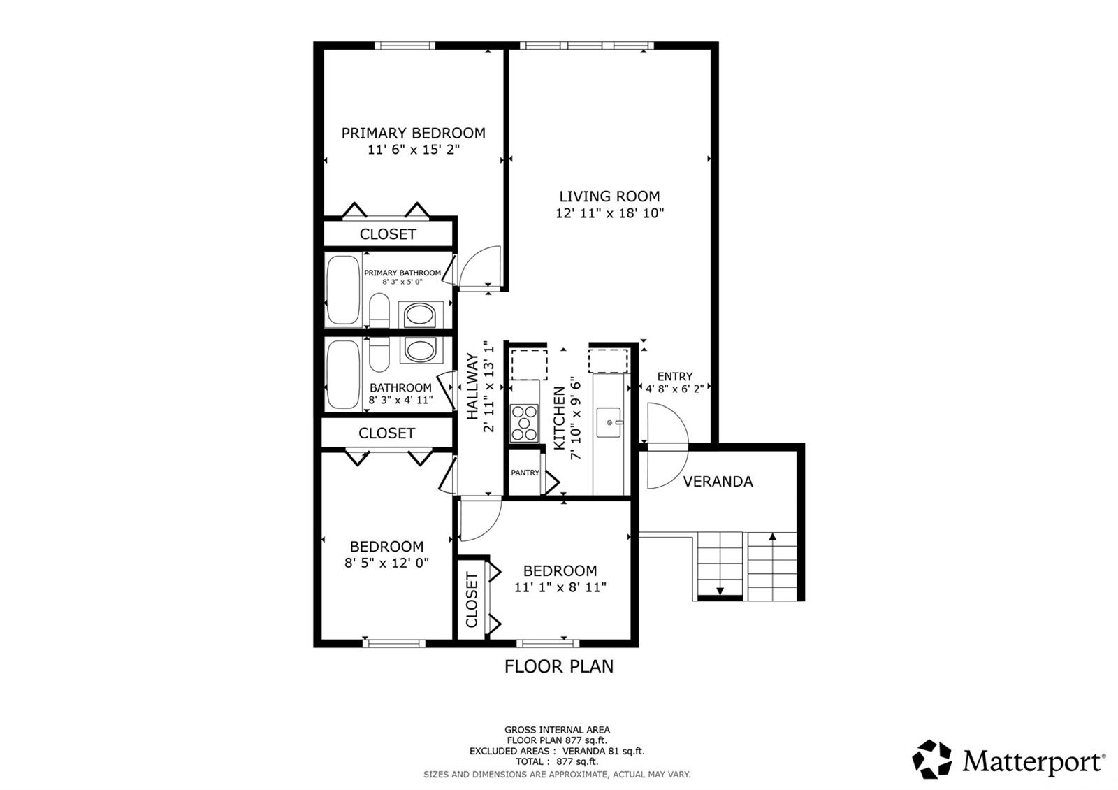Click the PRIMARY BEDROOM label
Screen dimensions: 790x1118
pos(413,133)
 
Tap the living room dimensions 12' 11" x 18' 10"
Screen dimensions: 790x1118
pos(609,213)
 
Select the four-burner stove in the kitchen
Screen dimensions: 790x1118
pos(524,423)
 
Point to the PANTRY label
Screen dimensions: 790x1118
pos(525,473)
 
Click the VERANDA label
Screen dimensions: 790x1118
pos(718,482)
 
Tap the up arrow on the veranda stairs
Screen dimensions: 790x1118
pos(773,537)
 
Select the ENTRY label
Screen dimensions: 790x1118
pos(674,377)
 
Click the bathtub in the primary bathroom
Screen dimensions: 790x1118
pos(342,290)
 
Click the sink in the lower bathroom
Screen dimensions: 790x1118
pos(419,349)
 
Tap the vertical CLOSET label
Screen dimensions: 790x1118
pos(472,600)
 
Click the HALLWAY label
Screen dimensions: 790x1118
pos(473,387)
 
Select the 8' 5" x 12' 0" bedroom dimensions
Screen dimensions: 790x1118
pos(386,563)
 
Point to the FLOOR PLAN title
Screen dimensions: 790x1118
pos(559,666)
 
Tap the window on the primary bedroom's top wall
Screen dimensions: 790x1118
pos(405,46)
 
